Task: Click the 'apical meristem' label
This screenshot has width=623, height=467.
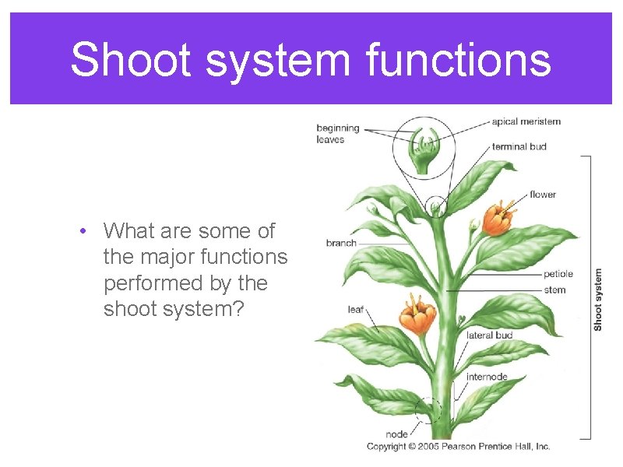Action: (526, 121)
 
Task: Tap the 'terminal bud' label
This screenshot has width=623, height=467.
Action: (519, 146)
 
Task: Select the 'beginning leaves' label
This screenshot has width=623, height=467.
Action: (337, 134)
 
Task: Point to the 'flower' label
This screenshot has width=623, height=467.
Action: (543, 195)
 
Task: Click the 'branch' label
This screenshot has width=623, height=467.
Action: (341, 243)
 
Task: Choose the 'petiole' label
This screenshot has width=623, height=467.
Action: (558, 274)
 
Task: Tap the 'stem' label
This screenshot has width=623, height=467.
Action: (555, 290)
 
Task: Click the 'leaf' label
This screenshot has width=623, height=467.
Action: (355, 310)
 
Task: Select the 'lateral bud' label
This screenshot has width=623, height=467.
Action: (489, 335)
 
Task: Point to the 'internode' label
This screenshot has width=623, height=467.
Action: (487, 377)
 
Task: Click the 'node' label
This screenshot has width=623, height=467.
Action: (396, 434)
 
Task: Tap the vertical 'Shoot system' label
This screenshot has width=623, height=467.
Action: (598, 300)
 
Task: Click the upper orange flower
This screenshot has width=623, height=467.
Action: (497, 218)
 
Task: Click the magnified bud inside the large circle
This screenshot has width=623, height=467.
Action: (425, 147)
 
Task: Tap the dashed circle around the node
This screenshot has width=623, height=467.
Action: (427, 410)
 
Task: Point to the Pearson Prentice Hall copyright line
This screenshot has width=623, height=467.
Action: (458, 446)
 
